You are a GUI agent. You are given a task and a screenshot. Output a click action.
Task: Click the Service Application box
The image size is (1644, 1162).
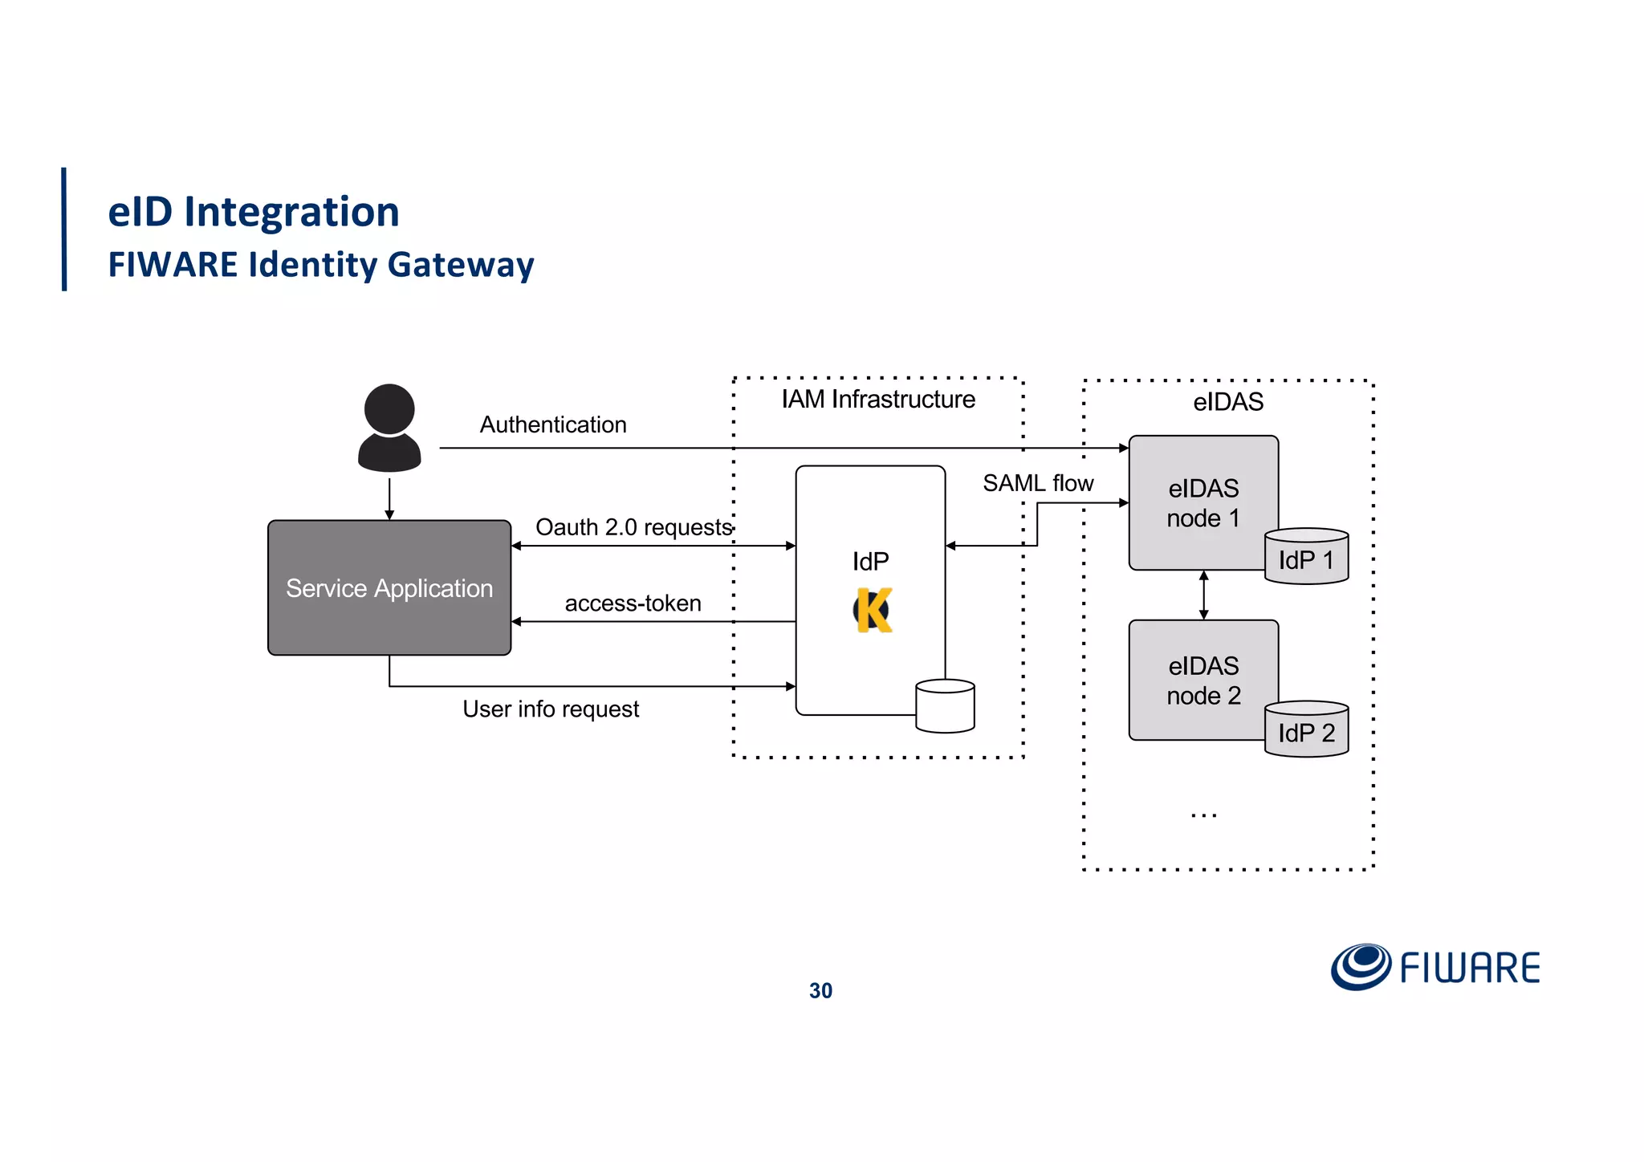[389, 588]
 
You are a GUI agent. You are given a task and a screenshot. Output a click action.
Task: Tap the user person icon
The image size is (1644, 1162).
[389, 429]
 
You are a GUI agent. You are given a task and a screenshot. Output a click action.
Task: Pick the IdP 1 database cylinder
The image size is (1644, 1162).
[1306, 557]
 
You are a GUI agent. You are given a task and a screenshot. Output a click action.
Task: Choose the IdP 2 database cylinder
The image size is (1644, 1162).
[1306, 729]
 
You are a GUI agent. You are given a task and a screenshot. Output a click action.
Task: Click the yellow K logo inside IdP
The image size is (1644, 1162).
[873, 611]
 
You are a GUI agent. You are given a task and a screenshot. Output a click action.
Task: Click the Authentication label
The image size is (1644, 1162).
[553, 425]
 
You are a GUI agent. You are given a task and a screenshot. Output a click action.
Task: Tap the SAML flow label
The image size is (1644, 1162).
[1038, 483]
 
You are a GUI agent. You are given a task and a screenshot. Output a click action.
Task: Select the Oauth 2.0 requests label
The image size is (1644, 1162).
[633, 527]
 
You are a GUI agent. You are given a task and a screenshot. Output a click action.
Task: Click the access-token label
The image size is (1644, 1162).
[633, 603]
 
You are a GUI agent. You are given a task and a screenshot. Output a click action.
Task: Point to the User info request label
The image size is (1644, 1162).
[551, 709]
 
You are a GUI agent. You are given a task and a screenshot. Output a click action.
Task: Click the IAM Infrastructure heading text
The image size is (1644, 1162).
[878, 399]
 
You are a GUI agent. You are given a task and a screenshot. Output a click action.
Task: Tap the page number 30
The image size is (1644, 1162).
[820, 991]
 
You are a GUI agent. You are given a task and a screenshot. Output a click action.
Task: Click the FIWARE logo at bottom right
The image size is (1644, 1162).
[1435, 967]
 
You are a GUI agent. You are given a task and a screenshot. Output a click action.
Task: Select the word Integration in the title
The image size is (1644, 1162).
[291, 213]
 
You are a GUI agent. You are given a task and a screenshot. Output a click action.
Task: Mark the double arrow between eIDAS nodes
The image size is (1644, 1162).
[1203, 595]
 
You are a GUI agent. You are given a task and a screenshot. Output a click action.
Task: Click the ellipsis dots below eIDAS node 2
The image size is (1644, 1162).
[1203, 815]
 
